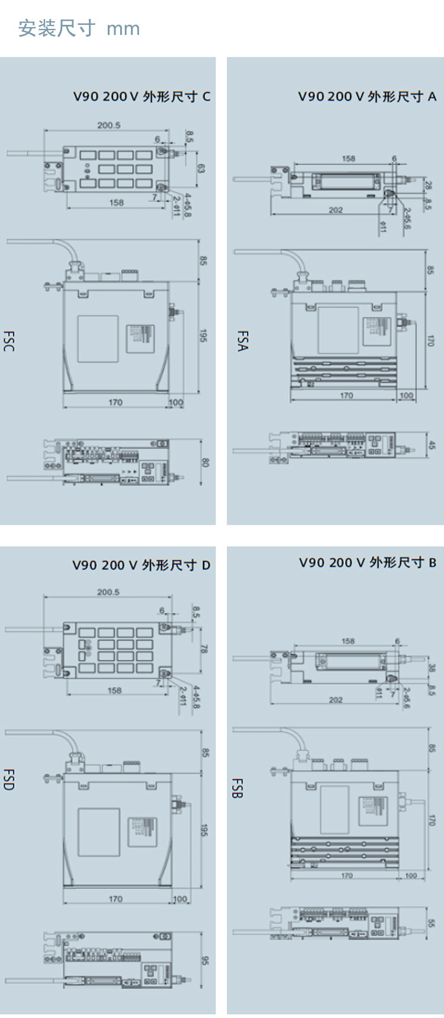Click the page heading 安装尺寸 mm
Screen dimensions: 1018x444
pyautogui.click(x=79, y=28)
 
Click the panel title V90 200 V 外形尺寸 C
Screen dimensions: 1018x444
pyautogui.click(x=141, y=96)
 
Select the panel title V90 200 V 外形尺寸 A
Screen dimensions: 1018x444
pyautogui.click(x=367, y=96)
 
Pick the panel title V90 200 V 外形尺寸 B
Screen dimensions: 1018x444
pyautogui.click(x=368, y=562)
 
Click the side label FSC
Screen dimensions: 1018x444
pyautogui.click(x=8, y=342)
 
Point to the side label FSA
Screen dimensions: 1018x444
pyautogui.click(x=242, y=341)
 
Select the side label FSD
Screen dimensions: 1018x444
pyautogui.click(x=8, y=779)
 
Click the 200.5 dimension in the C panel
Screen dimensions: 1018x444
pyautogui.click(x=109, y=125)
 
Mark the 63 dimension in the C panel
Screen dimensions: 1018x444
pyautogui.click(x=201, y=169)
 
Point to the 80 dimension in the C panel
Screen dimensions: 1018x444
pyautogui.click(x=205, y=462)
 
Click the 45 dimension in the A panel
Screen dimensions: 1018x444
pyautogui.click(x=431, y=445)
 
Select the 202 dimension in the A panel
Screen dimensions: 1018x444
pyautogui.click(x=336, y=210)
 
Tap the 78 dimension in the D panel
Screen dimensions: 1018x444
pyautogui.click(x=204, y=649)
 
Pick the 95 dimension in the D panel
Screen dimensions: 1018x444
pyautogui.click(x=205, y=959)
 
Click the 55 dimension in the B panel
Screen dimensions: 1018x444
pyautogui.click(x=431, y=923)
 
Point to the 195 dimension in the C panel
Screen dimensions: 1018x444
pyautogui.click(x=203, y=336)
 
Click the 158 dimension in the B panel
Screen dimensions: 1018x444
pyautogui.click(x=348, y=641)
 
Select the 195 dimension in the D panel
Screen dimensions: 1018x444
pyautogui.click(x=204, y=830)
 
